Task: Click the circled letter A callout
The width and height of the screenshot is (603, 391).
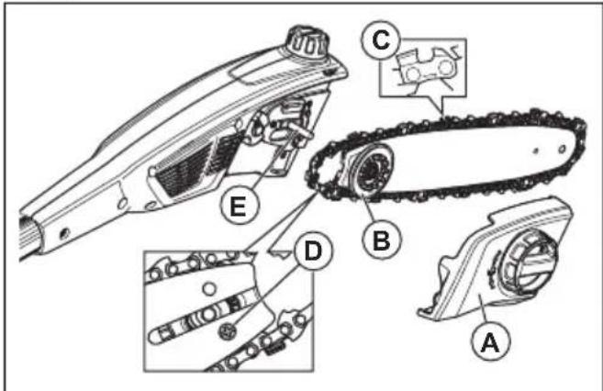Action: pos(491,341)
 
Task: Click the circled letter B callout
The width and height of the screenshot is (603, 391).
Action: pos(382,240)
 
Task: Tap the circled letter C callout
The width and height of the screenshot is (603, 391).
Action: pos(381,40)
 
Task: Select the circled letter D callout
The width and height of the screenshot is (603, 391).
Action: pos(313,251)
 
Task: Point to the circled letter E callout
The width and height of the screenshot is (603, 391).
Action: pos(240,207)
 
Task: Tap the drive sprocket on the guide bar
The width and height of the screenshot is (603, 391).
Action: pos(371,172)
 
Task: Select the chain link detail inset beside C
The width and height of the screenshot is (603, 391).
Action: pos(423,68)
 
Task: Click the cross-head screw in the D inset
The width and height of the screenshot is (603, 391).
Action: pos(227,330)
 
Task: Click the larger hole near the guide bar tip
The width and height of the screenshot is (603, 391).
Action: pos(562,149)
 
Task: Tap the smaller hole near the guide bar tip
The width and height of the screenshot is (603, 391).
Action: pos(536,151)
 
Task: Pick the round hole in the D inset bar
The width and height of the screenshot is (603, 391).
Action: pos(209,288)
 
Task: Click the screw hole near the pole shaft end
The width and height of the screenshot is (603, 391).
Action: pos(64,233)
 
